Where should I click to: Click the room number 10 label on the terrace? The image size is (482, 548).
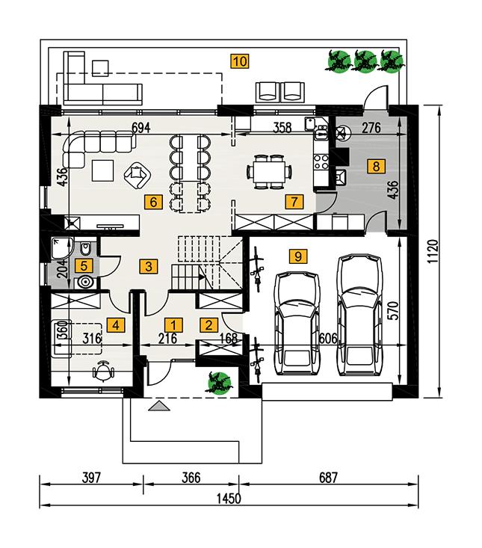click(x=239, y=61)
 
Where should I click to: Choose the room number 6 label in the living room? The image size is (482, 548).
click(x=153, y=201)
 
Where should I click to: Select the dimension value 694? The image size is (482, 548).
click(x=141, y=128)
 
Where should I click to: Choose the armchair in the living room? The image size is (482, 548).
click(x=137, y=176)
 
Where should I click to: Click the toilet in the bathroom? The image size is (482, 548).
click(x=87, y=249)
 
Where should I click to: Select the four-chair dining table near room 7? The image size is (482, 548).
click(x=268, y=171)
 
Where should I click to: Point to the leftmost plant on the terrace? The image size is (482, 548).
click(x=339, y=61)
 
